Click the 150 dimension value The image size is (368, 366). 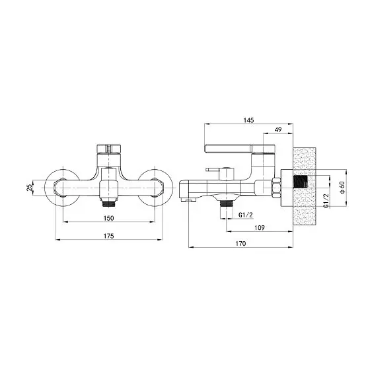(x=108, y=218)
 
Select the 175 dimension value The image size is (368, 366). (x=108, y=236)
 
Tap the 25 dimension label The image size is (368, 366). (x=30, y=188)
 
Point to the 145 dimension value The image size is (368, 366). (x=248, y=120)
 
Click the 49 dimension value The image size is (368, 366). (x=278, y=129)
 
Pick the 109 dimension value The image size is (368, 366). (x=260, y=227)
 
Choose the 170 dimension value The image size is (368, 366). (x=240, y=244)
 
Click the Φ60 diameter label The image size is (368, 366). (x=343, y=188)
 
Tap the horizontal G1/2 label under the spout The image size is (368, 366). (x=246, y=215)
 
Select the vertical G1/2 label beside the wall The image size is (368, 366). (x=326, y=201)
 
